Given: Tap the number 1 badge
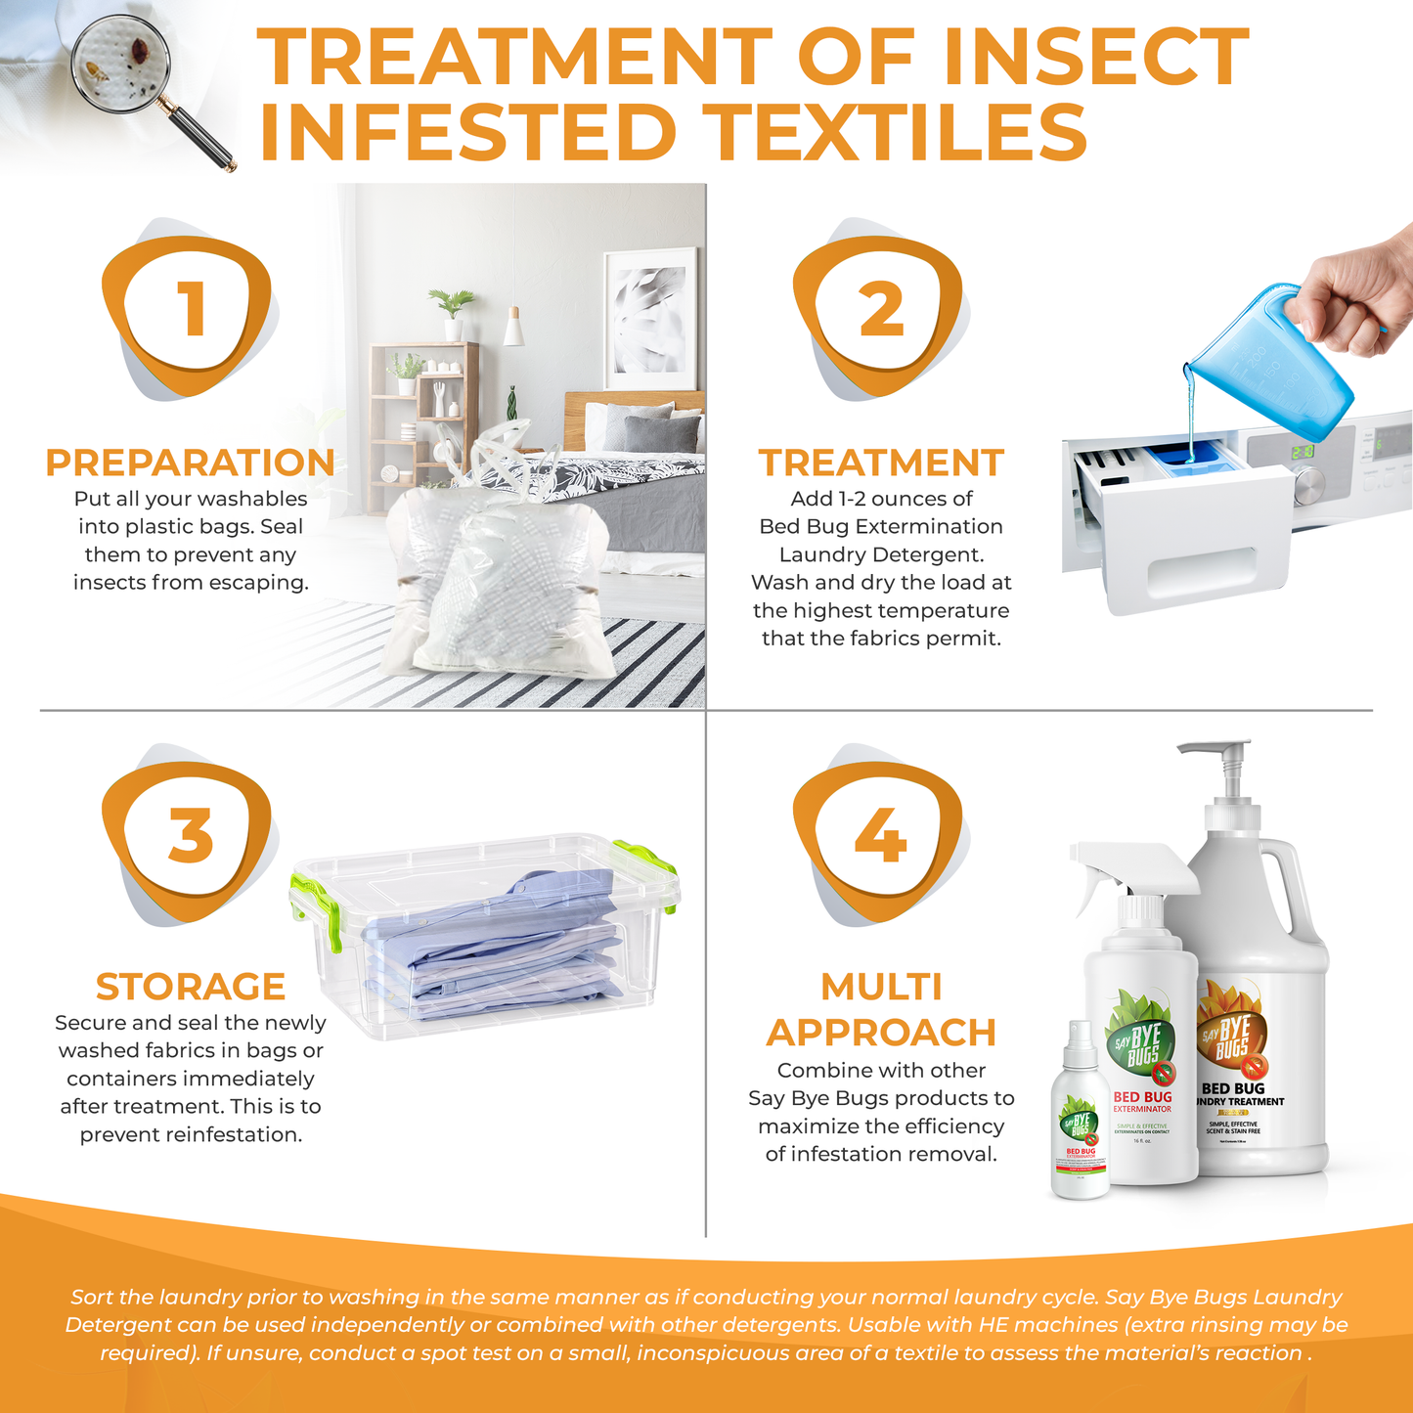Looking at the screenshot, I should [189, 308].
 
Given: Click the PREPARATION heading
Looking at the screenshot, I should [191, 463].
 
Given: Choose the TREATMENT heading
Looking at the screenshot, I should [881, 463].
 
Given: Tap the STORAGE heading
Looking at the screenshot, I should [191, 987].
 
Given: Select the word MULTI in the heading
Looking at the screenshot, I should [881, 987].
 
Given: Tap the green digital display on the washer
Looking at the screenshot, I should [1302, 453].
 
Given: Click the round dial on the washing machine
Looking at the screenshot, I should [1308, 483].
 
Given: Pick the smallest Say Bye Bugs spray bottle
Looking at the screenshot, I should [1080, 1115].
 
